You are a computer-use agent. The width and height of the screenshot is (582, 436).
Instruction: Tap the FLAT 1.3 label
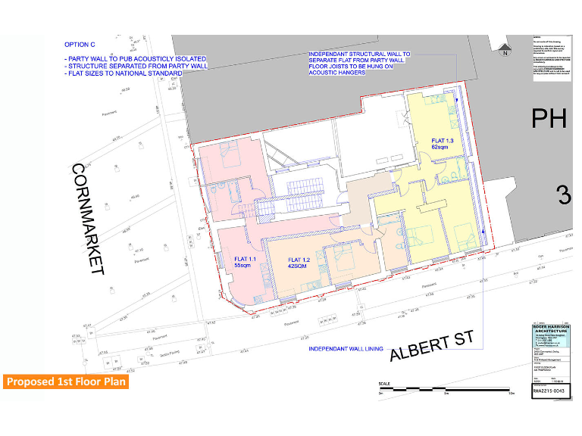pos(443,145)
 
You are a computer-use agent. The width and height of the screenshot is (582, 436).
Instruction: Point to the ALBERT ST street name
pos(432,347)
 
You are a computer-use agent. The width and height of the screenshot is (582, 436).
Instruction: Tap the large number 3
pos(564,195)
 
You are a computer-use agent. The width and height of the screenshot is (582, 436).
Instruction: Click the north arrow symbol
pos(505,51)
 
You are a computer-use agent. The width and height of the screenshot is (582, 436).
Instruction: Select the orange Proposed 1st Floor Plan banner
pos(65,381)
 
